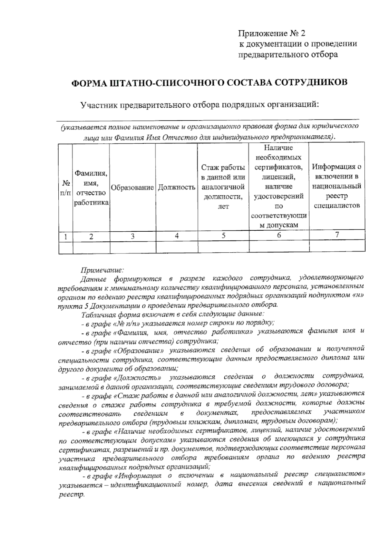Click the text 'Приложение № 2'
point(272,34)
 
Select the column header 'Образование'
point(132,188)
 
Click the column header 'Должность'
point(177,188)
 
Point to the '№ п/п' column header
point(65,188)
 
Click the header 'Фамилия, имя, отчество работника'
point(91,188)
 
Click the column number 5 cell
point(223,236)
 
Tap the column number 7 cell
point(337,235)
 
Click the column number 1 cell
point(65,237)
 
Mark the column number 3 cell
point(133,236)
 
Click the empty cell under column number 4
point(177,247)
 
